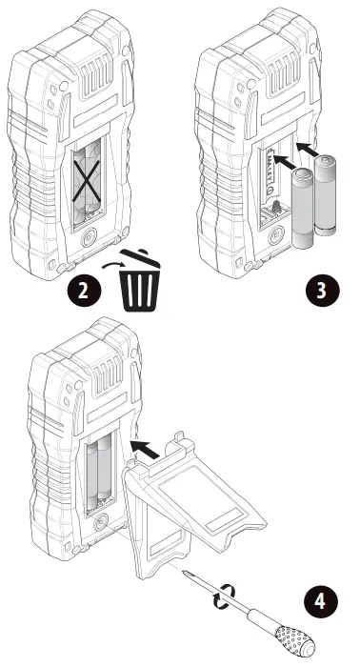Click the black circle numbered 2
[x=84, y=291]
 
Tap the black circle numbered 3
[x=322, y=291]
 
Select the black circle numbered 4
[x=321, y=602]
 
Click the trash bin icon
[x=139, y=281]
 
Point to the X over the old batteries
[x=87, y=180]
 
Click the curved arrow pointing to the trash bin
[x=113, y=265]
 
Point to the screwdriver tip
[x=184, y=572]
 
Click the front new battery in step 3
[x=302, y=208]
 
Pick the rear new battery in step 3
[x=325, y=194]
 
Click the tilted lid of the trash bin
[x=140, y=258]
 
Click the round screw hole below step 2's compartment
[x=88, y=236]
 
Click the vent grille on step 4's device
[x=107, y=374]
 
